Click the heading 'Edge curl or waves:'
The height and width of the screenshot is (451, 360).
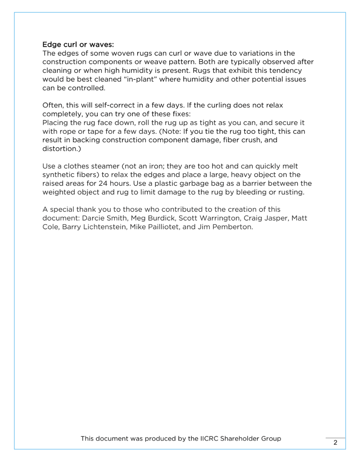point(78,44)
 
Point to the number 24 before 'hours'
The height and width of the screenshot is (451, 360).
point(103,183)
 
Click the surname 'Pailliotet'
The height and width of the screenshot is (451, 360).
point(163,227)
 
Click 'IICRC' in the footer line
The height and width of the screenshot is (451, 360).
point(209,439)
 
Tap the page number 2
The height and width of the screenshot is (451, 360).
point(335,442)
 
